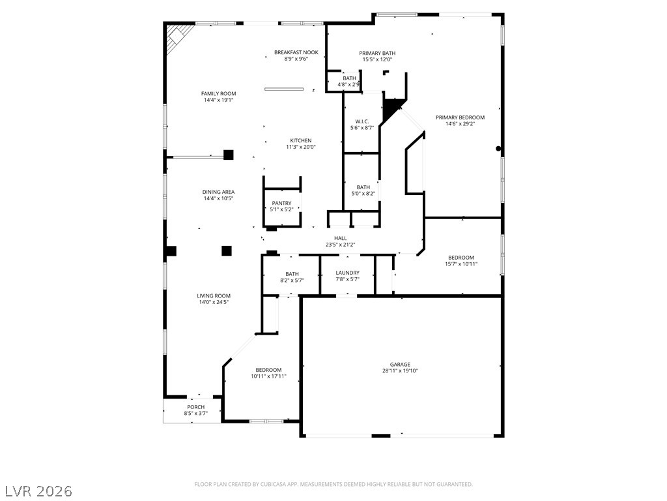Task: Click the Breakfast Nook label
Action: point(296,52)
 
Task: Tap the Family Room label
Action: point(219,94)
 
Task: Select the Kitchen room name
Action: point(301,141)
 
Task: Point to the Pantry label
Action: point(281,204)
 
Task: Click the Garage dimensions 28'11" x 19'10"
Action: point(400,371)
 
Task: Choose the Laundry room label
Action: point(348,273)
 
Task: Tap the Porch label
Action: point(195,407)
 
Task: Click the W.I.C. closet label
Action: point(362,121)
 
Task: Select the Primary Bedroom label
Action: point(460,117)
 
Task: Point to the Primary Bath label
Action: point(377,53)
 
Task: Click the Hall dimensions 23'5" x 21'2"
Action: point(340,245)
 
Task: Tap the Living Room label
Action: point(214,296)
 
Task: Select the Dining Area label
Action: point(218,192)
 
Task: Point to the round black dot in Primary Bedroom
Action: point(498,149)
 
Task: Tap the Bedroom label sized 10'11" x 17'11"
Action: point(268,370)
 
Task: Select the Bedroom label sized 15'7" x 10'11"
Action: point(461,257)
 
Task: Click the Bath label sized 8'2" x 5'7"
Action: point(292,274)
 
